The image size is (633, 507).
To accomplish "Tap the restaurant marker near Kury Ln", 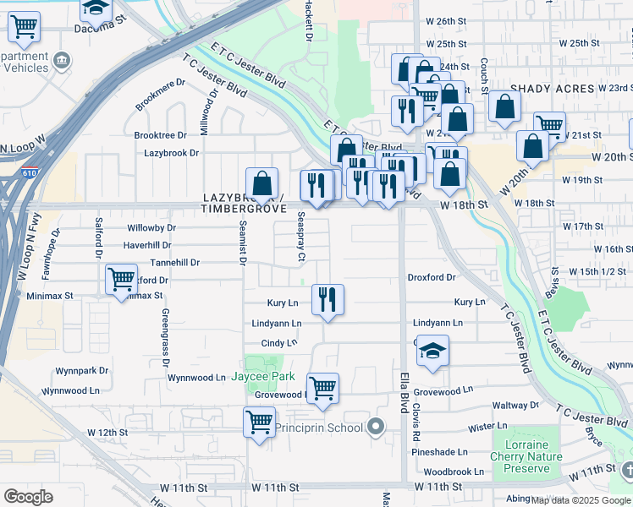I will click(328, 299).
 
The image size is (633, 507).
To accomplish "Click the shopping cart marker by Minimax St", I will click(122, 278).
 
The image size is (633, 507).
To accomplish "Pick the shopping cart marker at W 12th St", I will click(259, 422).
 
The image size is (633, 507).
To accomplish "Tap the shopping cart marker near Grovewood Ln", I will click(322, 388).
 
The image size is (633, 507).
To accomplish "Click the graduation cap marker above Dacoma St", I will click(96, 8).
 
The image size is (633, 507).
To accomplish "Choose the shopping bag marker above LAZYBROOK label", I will click(262, 183).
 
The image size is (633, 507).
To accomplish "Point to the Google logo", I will click(28, 497).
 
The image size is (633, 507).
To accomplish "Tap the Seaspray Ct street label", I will click(301, 236).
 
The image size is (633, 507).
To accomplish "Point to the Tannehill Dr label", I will click(173, 263).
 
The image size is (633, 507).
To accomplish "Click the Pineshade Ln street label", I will click(439, 452).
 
